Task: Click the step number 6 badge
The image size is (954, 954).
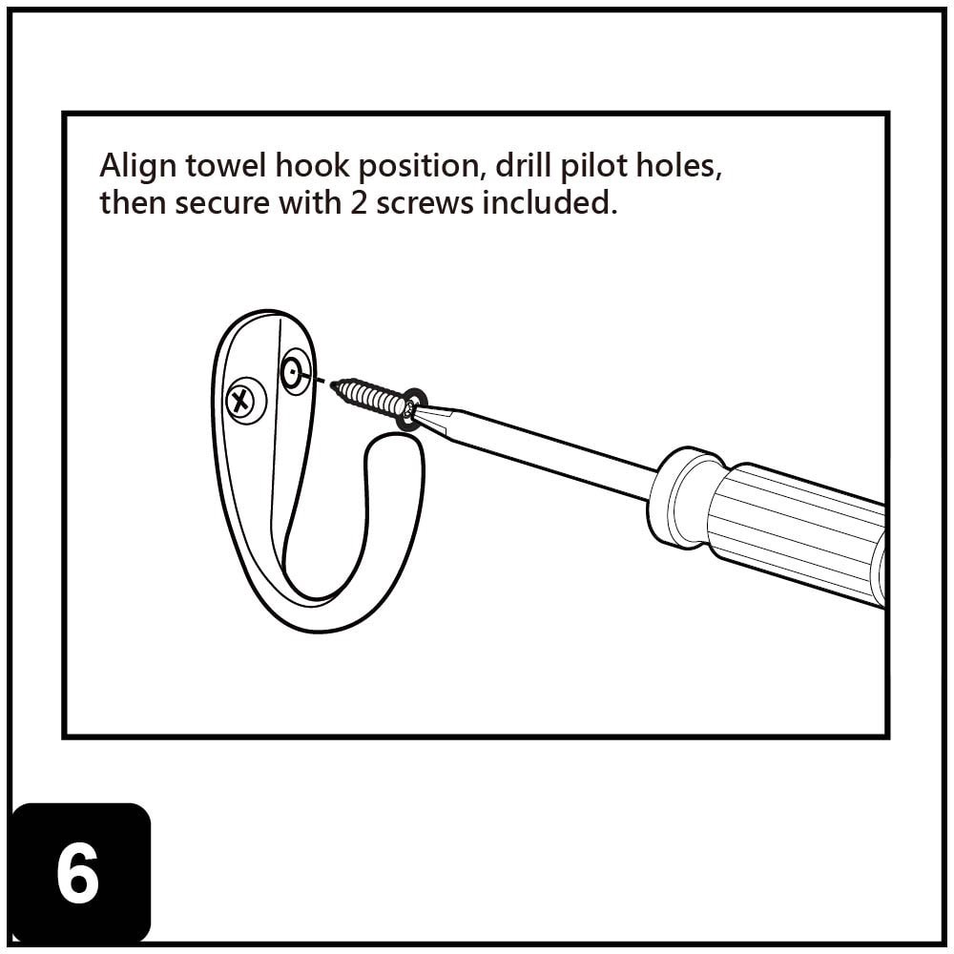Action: point(79,873)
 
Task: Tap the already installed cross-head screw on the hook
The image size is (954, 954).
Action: point(245,400)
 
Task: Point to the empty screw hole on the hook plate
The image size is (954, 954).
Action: point(295,371)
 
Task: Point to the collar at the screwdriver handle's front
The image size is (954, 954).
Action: point(679,496)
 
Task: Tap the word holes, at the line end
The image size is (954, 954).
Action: point(688,167)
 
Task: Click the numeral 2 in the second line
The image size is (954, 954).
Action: point(359,203)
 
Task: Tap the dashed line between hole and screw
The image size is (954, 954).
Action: point(321,383)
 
